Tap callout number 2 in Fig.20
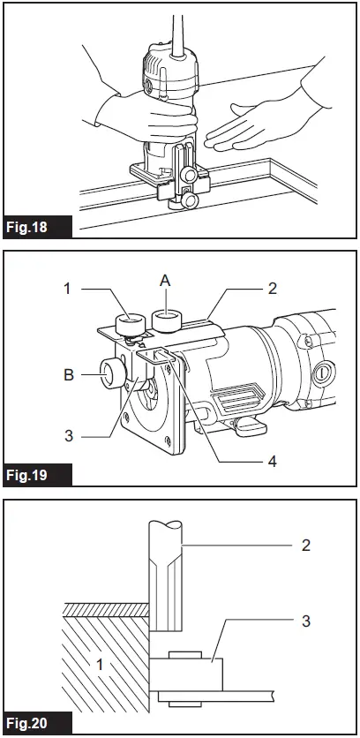click(305, 545)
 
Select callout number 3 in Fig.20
click(305, 621)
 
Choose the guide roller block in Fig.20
click(187, 676)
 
